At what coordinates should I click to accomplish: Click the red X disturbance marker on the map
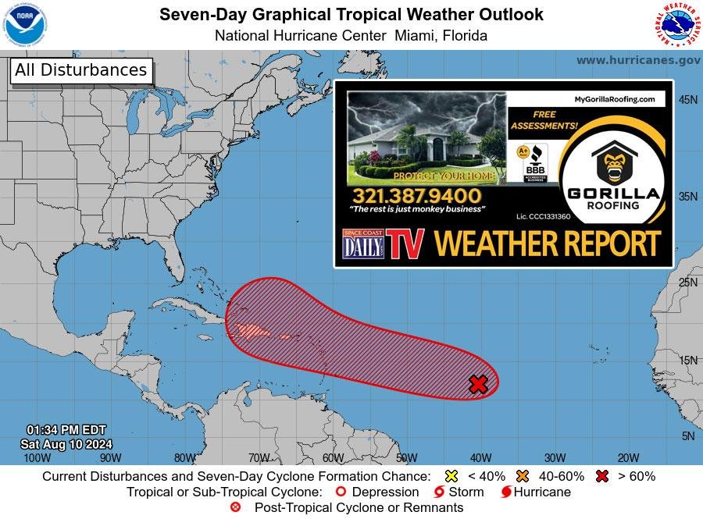tap(478, 383)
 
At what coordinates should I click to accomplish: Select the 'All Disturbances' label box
tap(80, 70)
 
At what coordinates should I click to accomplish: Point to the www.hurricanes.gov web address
tap(638, 60)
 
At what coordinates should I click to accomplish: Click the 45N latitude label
tap(687, 100)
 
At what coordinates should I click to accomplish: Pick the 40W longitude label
tap(480, 458)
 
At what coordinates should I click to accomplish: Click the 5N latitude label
tap(687, 436)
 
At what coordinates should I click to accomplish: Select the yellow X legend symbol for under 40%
tap(451, 476)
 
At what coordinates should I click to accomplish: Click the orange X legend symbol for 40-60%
tap(522, 476)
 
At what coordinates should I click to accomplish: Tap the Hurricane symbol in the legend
tap(506, 492)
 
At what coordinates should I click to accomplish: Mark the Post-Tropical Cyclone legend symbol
tap(235, 507)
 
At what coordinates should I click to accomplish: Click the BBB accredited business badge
tap(535, 165)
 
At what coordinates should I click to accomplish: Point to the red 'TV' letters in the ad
tap(406, 244)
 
